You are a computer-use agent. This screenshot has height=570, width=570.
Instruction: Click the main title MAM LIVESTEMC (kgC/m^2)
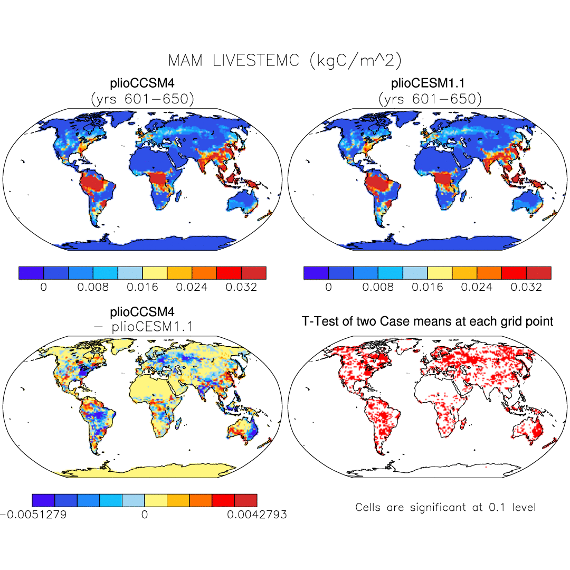point(284,60)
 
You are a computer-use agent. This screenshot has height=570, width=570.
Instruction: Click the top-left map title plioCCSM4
point(142,83)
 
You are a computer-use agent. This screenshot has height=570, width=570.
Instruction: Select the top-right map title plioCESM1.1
point(427,83)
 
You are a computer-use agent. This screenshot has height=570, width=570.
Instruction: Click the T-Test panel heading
point(427,320)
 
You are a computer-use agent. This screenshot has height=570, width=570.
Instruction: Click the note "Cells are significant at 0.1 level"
point(445,508)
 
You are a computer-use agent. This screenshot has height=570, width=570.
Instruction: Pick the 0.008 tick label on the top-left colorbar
point(93,287)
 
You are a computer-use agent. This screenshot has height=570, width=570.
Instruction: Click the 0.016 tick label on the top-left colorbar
point(142,287)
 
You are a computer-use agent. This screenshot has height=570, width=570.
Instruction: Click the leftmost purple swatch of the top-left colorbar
point(31,272)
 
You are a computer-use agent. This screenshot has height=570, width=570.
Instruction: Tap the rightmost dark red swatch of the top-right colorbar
point(539,272)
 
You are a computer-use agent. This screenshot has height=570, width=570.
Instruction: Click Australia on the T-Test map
point(530,427)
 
